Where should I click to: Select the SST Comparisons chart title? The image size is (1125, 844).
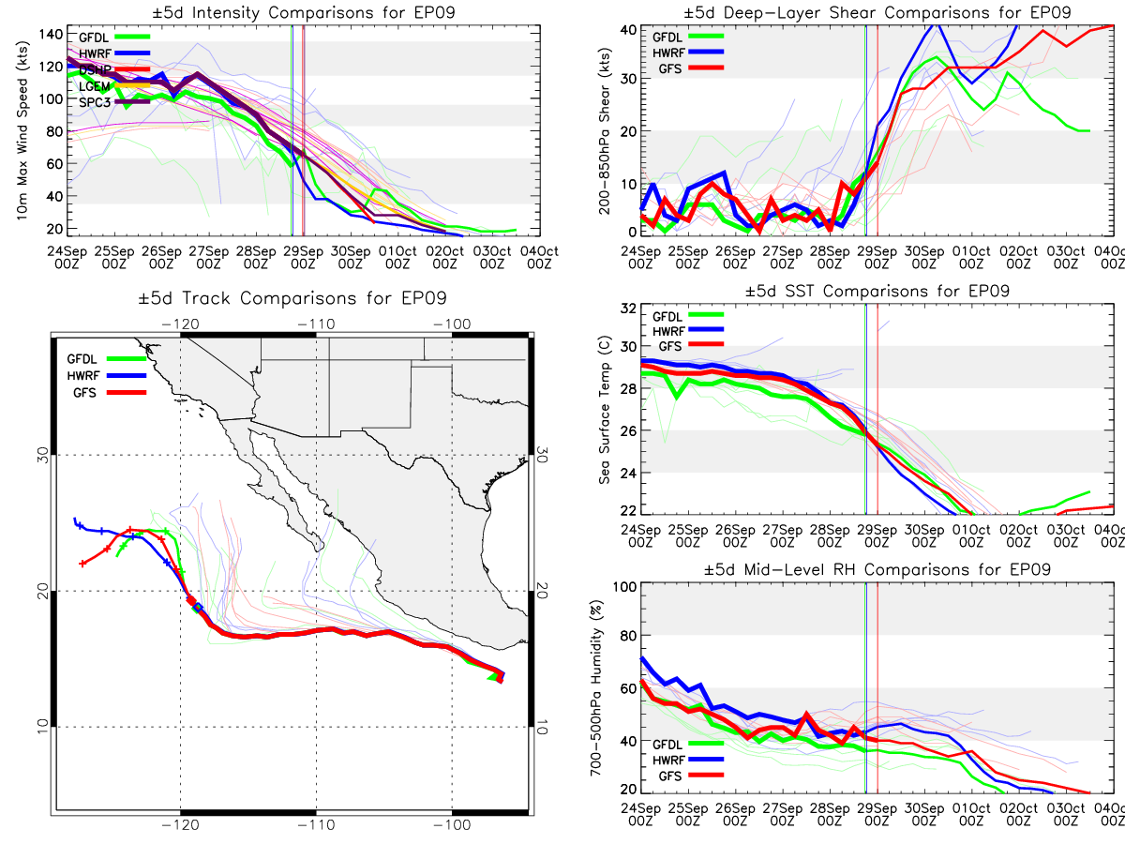pyautogui.click(x=877, y=291)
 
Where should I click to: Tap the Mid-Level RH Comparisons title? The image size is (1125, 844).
pyautogui.click(x=877, y=569)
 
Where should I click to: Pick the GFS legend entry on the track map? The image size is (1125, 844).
pyautogui.click(x=86, y=392)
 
